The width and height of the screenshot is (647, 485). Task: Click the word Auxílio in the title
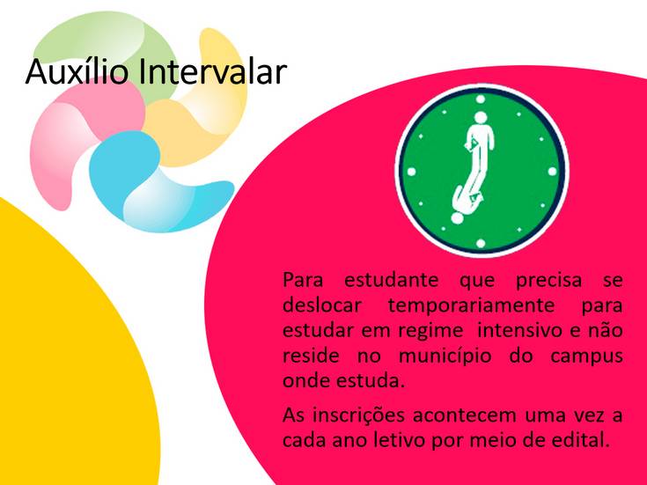point(77,71)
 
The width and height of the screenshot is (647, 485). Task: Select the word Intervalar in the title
point(212,71)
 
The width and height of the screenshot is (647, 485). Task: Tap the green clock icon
point(482,171)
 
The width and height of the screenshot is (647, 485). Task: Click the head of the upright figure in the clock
point(481,118)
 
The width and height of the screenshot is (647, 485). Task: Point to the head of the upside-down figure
point(457,217)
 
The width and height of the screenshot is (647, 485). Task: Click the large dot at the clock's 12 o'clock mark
point(481,99)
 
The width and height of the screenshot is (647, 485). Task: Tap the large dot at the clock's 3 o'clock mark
point(553,172)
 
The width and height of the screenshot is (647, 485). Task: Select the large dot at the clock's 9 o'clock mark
point(411,172)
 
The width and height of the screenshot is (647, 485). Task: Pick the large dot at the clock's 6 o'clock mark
point(481,243)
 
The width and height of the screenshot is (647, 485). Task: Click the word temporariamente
point(471,305)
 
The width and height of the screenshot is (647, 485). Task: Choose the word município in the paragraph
point(445,356)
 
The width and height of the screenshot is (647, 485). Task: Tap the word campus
point(586,356)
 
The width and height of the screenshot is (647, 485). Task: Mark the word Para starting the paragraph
point(303,281)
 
